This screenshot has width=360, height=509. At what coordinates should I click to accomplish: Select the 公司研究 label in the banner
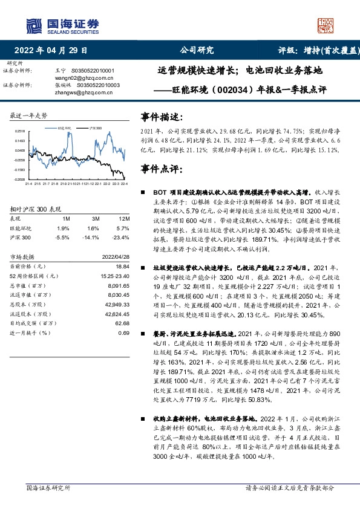tap(197, 51)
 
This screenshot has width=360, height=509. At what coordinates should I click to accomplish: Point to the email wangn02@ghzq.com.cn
tap(76, 77)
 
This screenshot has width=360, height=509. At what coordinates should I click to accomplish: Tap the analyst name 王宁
tap(60, 70)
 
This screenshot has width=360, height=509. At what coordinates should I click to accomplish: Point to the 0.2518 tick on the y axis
tap(20, 131)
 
